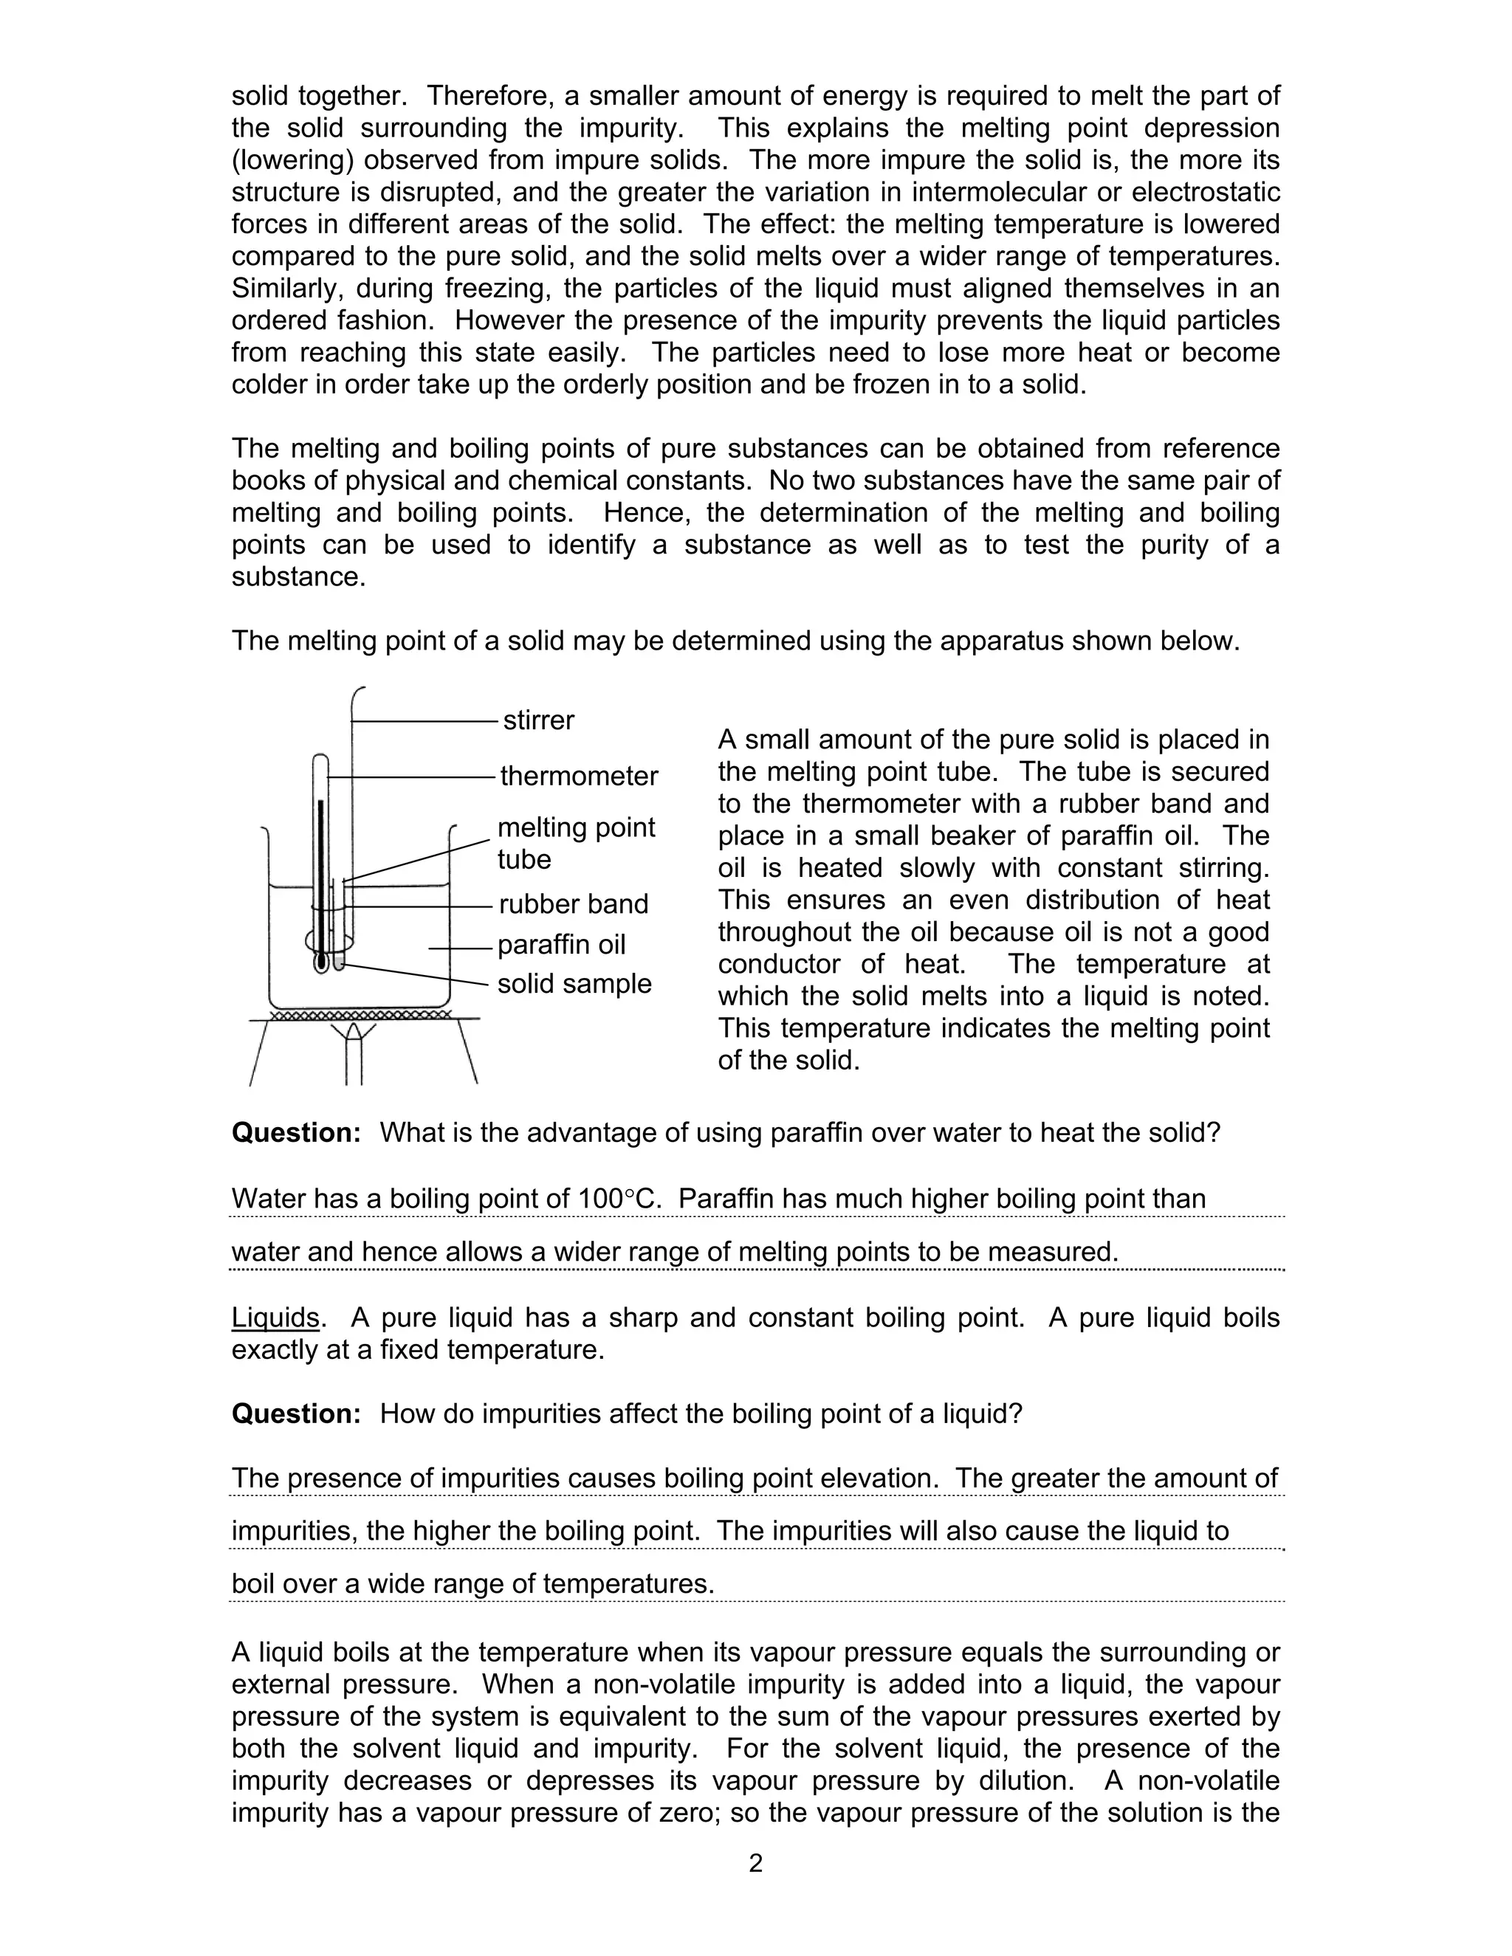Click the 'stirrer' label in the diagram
click(538, 720)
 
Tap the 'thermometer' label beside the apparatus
click(579, 776)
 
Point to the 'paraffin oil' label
click(561, 945)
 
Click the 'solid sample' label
click(574, 983)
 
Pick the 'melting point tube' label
click(575, 843)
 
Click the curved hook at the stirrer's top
click(357, 694)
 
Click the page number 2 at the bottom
click(755, 1864)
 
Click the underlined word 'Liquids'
click(275, 1318)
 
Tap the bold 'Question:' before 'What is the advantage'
click(295, 1133)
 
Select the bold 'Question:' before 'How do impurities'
click(295, 1414)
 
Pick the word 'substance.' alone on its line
click(298, 576)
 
